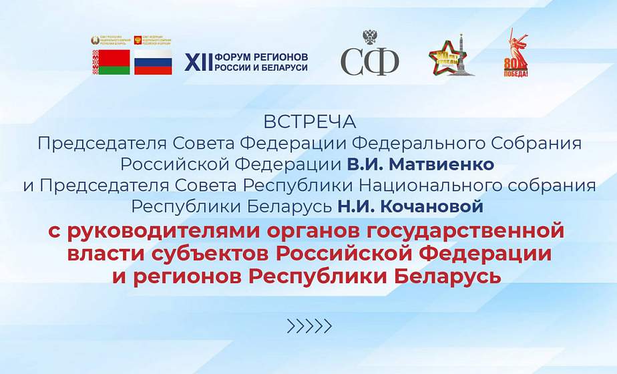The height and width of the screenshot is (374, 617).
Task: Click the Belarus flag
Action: (111, 62)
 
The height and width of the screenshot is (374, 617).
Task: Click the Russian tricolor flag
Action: (153, 62)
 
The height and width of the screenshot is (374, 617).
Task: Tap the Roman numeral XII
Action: (198, 62)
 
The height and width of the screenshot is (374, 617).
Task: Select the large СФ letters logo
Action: (369, 61)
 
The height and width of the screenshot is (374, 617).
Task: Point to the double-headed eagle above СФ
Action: (369, 37)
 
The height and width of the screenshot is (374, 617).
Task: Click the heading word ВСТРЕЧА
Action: (310, 123)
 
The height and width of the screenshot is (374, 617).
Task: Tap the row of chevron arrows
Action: (308, 326)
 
